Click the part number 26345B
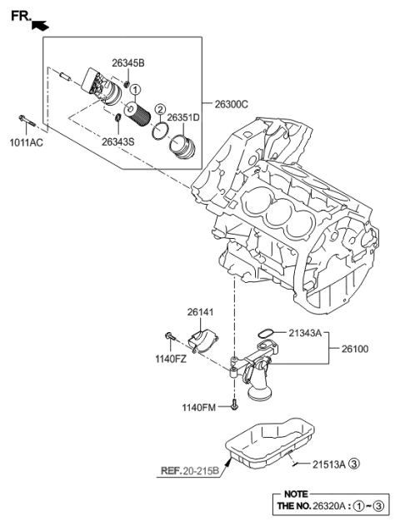pos(127,62)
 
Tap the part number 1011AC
pos(25,142)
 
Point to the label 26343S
pos(118,141)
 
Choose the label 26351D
pos(183,118)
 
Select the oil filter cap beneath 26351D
pos(182,148)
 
